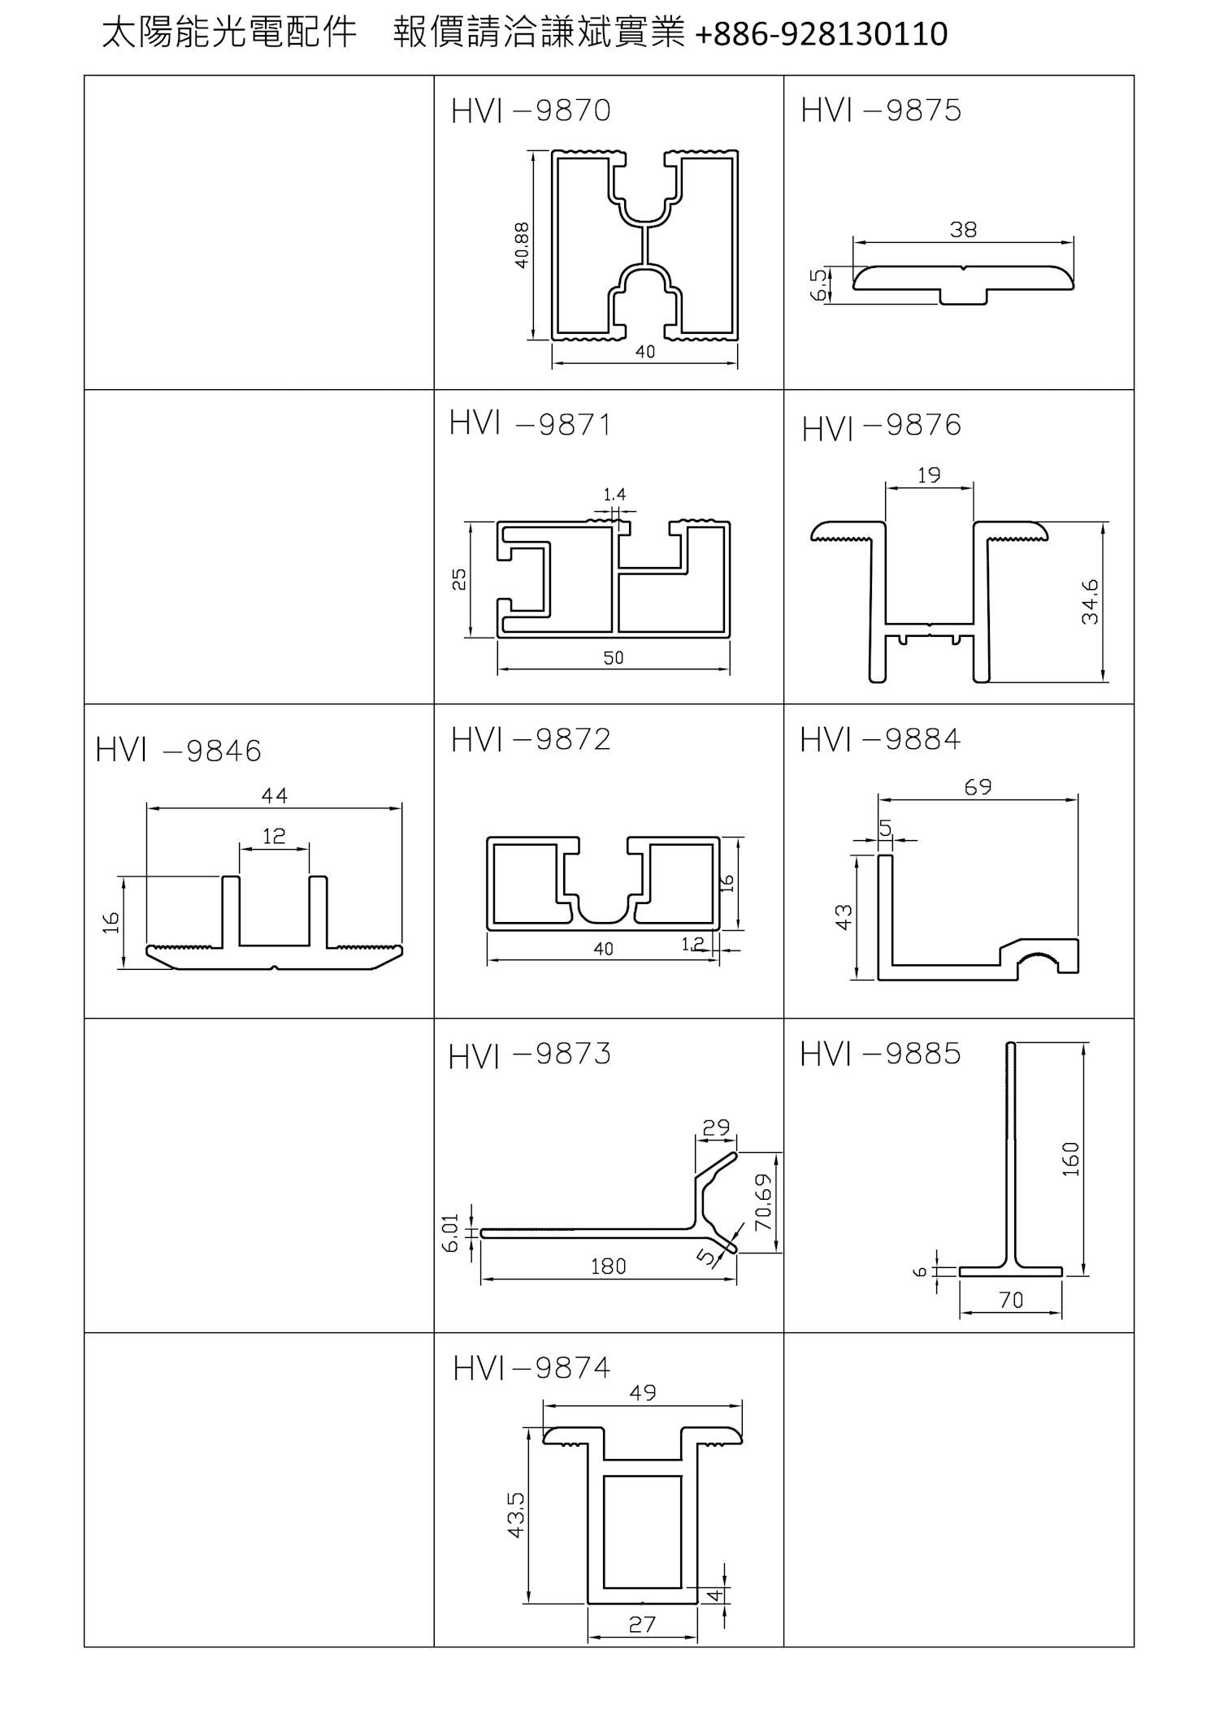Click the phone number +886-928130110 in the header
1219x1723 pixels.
click(x=822, y=34)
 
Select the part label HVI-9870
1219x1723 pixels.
click(x=531, y=111)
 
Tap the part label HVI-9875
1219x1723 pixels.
click(x=881, y=111)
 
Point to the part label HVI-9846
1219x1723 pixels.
click(x=179, y=751)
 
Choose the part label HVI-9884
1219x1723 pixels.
click(x=880, y=740)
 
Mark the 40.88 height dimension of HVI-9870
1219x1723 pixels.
click(x=522, y=245)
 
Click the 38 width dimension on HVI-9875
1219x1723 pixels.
click(x=963, y=230)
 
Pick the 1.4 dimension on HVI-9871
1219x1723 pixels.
click(x=614, y=495)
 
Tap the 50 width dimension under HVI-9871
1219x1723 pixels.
click(x=614, y=658)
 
